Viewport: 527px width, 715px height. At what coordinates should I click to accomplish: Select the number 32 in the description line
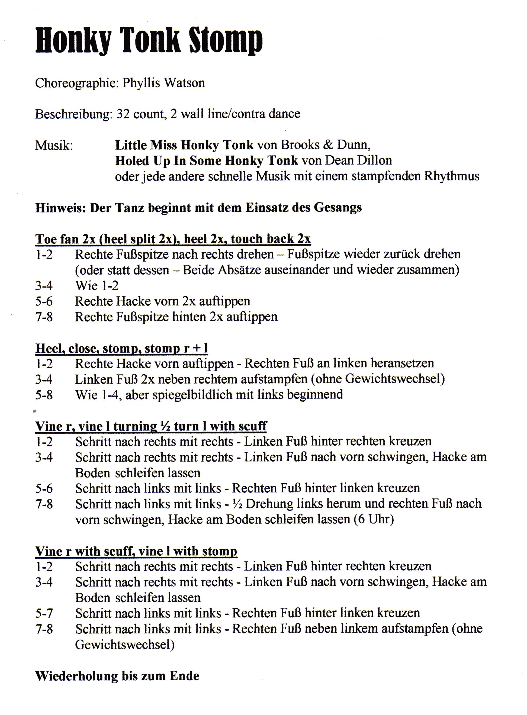(x=123, y=114)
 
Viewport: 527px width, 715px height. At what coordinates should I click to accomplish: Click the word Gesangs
(x=338, y=208)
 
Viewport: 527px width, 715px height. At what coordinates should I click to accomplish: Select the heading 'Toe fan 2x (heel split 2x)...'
(x=173, y=239)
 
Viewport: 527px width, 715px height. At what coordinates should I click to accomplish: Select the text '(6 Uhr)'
(x=374, y=520)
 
